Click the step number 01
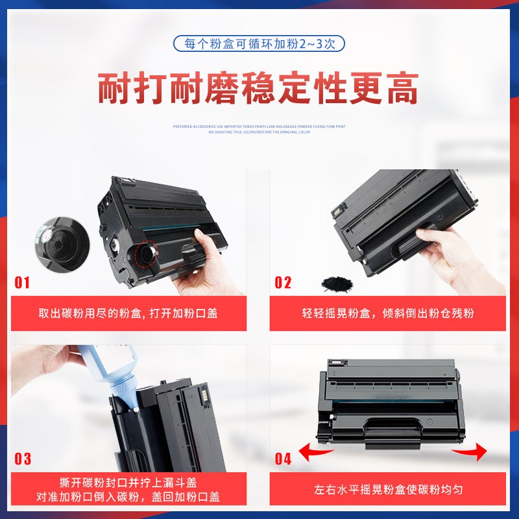(23, 282)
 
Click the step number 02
(283, 282)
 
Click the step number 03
(23, 459)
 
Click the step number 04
(284, 459)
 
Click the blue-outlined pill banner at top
(259, 44)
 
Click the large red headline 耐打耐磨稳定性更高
(259, 89)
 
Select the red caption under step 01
(128, 313)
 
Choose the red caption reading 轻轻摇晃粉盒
(388, 313)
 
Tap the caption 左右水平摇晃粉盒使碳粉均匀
(388, 490)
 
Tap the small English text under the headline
(259, 129)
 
